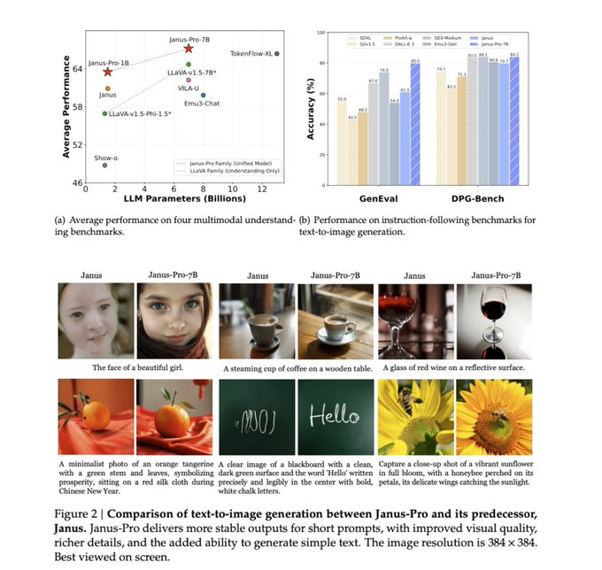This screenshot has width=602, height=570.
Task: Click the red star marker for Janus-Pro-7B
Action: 188,48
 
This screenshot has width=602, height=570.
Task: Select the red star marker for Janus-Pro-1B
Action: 107,72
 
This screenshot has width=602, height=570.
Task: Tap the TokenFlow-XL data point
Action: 277,54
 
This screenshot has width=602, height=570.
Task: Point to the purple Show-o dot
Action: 104,166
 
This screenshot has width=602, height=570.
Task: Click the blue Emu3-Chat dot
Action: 203,95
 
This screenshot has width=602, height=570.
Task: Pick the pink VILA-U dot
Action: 188,81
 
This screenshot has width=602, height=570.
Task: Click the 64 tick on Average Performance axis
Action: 77,68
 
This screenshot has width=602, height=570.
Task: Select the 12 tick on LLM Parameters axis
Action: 261,189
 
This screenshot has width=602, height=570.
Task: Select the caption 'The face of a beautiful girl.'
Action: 135,366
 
